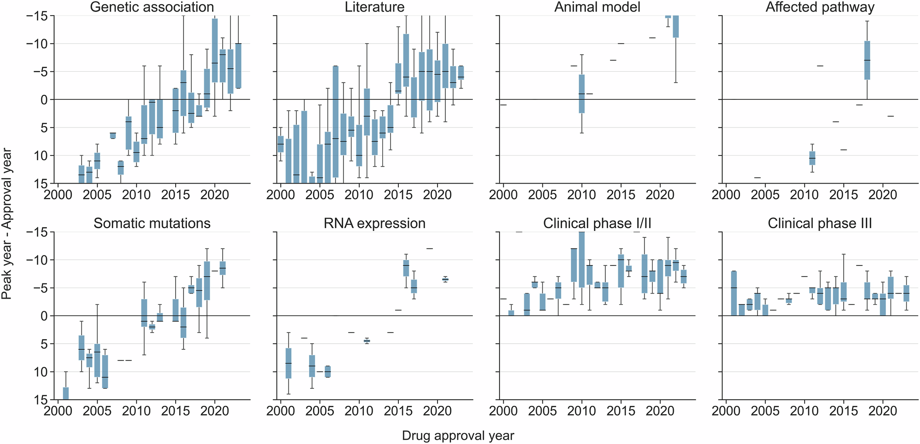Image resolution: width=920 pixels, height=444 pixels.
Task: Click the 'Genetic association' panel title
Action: point(152,7)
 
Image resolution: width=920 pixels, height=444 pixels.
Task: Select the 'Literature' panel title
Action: point(374,7)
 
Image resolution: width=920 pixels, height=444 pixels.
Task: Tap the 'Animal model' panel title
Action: point(597,7)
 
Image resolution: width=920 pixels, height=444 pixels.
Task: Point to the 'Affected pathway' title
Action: point(820,7)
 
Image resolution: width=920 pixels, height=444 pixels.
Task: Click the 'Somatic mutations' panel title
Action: point(152,224)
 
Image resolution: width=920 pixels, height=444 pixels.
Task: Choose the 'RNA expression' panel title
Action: point(374,224)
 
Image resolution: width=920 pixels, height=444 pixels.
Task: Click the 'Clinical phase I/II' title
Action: point(597,224)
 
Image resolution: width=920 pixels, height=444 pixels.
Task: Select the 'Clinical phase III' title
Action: point(820,224)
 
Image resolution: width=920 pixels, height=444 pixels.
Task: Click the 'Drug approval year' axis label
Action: point(458,436)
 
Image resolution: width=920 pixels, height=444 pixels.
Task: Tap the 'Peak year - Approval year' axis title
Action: point(7,224)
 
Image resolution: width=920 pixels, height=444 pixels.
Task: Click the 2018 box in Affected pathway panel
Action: point(867,60)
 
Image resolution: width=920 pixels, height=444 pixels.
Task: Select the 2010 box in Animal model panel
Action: point(581,94)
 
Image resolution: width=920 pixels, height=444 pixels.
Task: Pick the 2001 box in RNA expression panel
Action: point(288,363)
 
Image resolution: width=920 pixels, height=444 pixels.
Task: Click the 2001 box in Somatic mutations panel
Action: point(66,393)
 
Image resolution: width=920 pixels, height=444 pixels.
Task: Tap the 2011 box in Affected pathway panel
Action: point(812,158)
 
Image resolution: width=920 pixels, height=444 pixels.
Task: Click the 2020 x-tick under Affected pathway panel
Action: point(882,195)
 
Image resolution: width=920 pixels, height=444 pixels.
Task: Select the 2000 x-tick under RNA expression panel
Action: point(281,411)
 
